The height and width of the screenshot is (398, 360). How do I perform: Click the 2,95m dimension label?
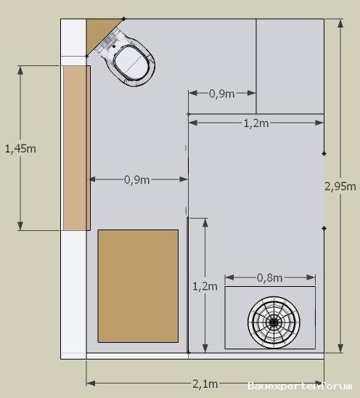point(340,187)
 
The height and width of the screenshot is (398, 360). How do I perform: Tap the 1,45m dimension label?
point(20,149)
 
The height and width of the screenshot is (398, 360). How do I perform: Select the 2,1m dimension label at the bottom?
point(205,383)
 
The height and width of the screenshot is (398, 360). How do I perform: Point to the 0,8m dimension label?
point(270,277)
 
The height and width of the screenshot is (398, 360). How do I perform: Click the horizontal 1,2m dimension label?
point(256,123)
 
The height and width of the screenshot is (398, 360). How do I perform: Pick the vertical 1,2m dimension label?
point(205,286)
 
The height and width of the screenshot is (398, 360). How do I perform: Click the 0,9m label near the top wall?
point(221,94)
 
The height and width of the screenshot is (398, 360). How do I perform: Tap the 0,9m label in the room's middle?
point(136,179)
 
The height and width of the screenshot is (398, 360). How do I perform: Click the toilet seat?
point(131,62)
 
